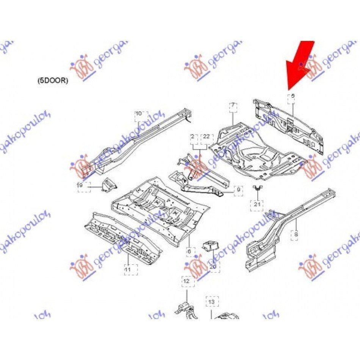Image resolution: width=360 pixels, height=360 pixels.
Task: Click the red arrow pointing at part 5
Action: point(301,63)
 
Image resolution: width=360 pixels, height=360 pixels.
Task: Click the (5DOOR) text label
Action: point(53,81)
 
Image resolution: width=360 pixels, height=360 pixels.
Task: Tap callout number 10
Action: point(139,113)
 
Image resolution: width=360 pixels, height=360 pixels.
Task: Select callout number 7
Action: point(233,105)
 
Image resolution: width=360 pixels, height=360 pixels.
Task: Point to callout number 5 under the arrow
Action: point(293,96)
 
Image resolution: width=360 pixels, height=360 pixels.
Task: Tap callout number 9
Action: point(238,189)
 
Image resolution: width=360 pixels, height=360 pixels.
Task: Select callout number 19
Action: point(80,185)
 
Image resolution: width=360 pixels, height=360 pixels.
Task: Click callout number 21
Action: point(257,205)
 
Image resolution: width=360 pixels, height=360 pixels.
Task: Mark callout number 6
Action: point(189,250)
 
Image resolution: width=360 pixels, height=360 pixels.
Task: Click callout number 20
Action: point(213,267)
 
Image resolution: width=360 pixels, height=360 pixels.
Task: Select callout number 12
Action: point(186,282)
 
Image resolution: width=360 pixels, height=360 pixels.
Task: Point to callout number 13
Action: point(211,302)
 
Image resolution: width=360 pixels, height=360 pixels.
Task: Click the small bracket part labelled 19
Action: point(108,185)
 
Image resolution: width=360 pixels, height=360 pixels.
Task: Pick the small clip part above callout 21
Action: point(257,187)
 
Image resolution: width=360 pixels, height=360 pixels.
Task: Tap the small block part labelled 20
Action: point(210,246)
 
